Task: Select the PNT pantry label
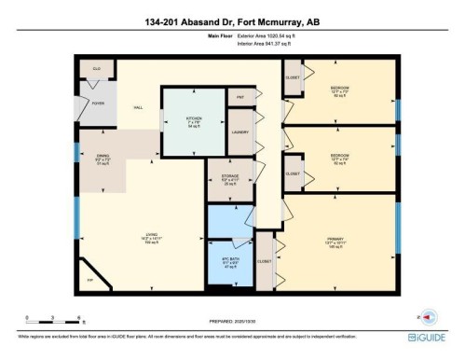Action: pos(239,97)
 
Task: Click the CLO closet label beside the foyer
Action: pos(94,69)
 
